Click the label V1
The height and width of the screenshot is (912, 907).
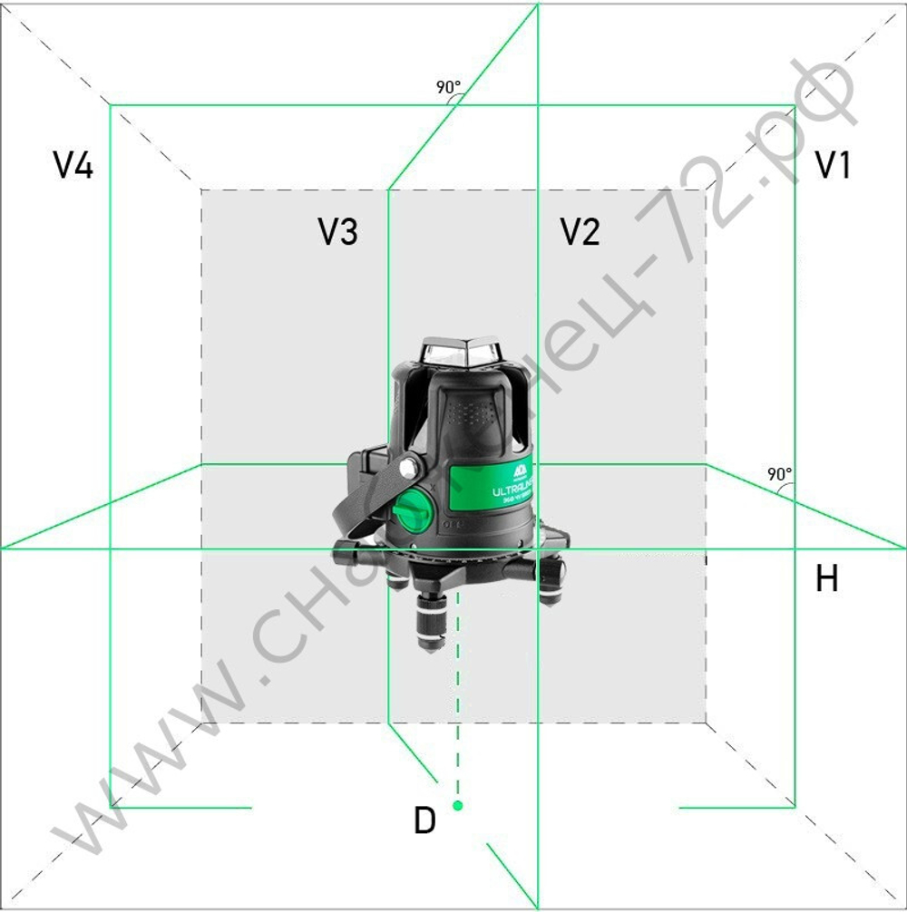[x=833, y=165]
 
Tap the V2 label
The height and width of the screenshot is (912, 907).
[x=580, y=232]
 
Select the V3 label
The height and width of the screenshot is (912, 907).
[x=337, y=233]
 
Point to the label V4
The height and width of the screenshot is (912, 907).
[x=73, y=166]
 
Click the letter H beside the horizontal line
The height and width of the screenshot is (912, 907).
[x=826, y=578]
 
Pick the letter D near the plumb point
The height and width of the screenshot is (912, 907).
[x=424, y=820]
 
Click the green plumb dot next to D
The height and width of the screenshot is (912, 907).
[x=458, y=805]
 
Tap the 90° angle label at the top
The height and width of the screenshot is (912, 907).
[x=448, y=88]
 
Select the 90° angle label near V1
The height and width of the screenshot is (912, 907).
[x=779, y=474]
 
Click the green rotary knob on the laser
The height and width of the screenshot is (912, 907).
[x=413, y=512]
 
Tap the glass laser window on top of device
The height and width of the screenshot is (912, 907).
[x=462, y=353]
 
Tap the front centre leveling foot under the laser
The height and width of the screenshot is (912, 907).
[x=432, y=621]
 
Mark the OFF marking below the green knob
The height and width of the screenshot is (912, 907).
[x=451, y=526]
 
